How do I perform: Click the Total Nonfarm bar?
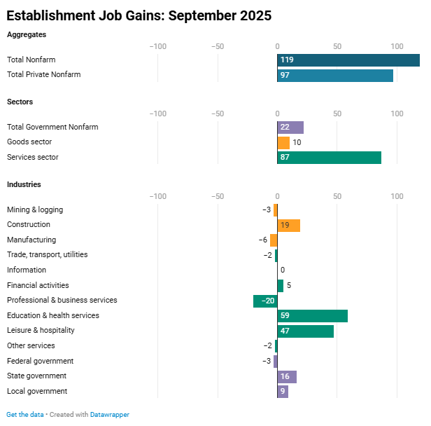(x=348, y=60)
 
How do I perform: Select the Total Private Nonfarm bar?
(x=335, y=75)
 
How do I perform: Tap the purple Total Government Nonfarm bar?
(x=290, y=128)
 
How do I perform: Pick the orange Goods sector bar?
(x=283, y=142)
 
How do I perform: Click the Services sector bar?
(x=329, y=158)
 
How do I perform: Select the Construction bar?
(x=289, y=225)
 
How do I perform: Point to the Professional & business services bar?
(x=265, y=301)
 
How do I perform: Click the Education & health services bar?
(x=312, y=316)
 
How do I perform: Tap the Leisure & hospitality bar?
(x=305, y=331)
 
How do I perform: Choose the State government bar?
(x=287, y=376)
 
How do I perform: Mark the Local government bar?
(x=283, y=392)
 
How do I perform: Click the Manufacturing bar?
(x=274, y=240)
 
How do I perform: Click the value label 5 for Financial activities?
(x=289, y=286)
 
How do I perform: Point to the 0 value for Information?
(x=283, y=270)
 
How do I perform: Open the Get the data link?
(x=25, y=415)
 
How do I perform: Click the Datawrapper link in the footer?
(x=110, y=415)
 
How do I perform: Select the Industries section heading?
(x=24, y=184)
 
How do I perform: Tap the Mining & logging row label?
(x=35, y=210)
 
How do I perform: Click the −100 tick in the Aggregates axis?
(x=158, y=46)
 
